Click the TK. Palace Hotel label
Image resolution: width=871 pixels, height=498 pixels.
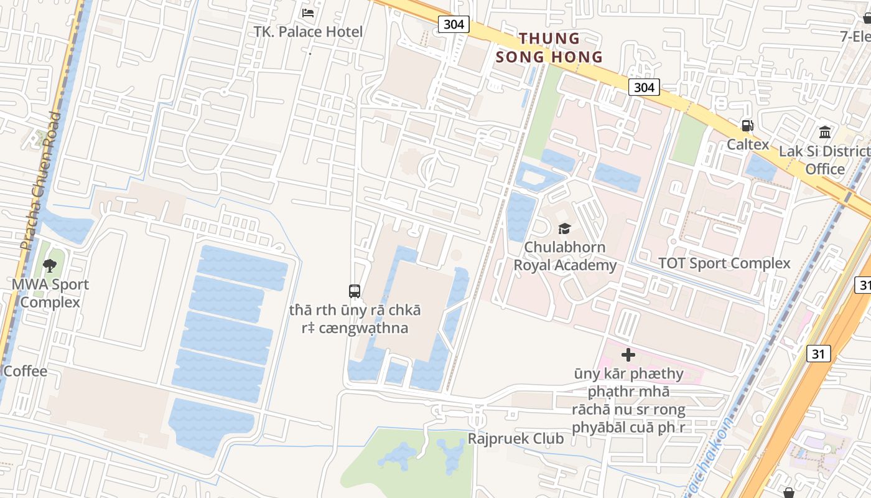[308, 32]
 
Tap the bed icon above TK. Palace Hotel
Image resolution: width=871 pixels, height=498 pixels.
[308, 12]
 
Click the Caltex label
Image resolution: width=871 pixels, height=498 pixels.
[748, 144]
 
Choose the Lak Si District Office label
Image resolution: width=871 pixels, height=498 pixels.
[825, 160]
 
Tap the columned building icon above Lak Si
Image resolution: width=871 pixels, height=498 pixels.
[825, 133]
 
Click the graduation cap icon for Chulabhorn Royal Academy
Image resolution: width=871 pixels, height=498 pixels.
[564, 228]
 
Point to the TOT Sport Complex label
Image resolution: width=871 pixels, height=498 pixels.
[724, 263]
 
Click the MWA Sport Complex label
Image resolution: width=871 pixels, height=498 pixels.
[50, 293]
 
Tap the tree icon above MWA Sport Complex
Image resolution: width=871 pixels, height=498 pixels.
[50, 266]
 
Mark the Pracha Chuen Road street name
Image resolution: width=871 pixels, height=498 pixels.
[40, 181]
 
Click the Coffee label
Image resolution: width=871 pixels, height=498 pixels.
[25, 372]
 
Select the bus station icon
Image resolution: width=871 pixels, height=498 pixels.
[355, 291]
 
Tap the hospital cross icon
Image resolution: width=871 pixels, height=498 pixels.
[628, 355]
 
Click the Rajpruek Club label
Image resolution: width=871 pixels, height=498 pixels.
[515, 439]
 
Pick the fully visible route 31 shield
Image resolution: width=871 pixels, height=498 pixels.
[818, 354]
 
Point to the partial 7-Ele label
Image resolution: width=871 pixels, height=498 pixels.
[855, 36]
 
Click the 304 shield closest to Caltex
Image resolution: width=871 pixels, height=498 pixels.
[643, 87]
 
